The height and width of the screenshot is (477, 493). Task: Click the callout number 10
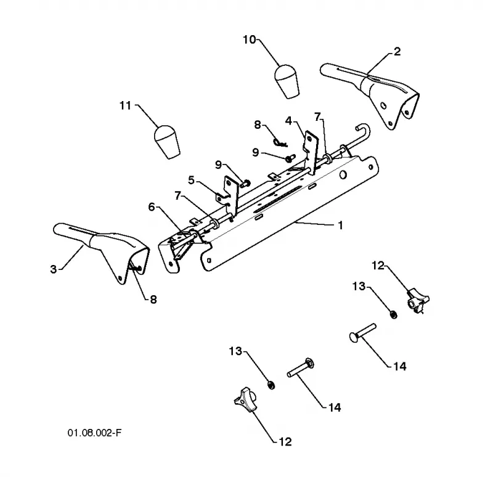(x=250, y=40)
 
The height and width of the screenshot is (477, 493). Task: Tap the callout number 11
(x=126, y=105)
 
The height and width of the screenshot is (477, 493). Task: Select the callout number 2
(x=397, y=52)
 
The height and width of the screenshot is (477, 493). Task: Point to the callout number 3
(x=54, y=269)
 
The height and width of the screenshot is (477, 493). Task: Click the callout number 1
(x=340, y=226)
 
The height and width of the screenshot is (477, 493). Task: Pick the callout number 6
(x=152, y=207)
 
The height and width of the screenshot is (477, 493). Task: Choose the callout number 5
(x=192, y=181)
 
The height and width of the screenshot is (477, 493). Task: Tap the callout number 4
(x=288, y=120)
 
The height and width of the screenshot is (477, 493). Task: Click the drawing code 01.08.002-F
(x=94, y=433)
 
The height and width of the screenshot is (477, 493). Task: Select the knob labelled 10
(x=287, y=81)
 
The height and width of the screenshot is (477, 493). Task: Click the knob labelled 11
(x=166, y=142)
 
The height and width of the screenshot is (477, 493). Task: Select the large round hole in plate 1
(x=343, y=175)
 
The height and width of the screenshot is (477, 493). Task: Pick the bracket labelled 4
(x=311, y=151)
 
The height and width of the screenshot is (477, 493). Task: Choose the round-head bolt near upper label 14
(x=362, y=333)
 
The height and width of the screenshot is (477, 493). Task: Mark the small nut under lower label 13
(x=271, y=385)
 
